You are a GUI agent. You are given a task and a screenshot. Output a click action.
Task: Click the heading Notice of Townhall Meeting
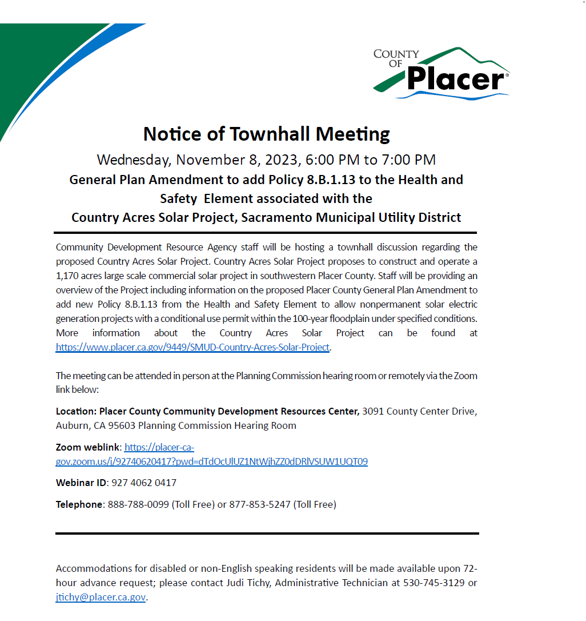point(266,134)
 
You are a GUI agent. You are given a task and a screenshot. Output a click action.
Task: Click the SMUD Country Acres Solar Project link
point(192,347)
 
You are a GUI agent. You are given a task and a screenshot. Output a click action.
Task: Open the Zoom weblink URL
point(211,461)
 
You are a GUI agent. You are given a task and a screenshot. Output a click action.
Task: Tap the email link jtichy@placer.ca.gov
point(101,597)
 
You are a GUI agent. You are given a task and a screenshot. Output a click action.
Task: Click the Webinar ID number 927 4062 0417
point(144,483)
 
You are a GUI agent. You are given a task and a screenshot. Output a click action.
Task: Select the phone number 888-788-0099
point(138,504)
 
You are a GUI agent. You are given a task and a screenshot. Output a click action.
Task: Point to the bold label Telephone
point(79,504)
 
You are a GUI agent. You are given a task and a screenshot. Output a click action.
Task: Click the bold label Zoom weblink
point(88,447)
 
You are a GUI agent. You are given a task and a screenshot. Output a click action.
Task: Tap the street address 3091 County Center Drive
point(419,411)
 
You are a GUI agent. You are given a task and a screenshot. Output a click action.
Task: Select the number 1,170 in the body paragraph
point(67,276)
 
